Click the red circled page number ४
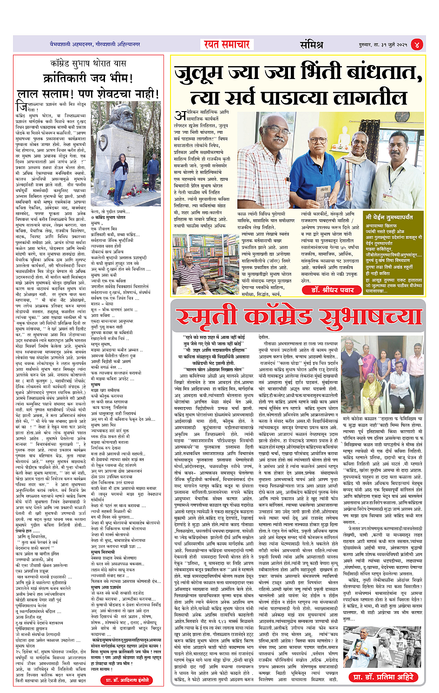tap(417, 45)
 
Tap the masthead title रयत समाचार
tap(227, 45)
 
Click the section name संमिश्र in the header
tap(311, 45)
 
